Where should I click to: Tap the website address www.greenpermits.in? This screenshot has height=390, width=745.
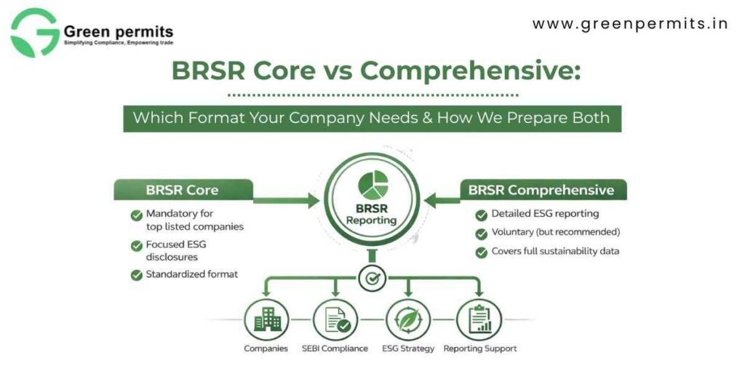(x=630, y=24)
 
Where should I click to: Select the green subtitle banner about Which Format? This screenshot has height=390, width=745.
(x=372, y=117)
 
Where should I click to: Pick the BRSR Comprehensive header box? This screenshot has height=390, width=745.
(x=543, y=191)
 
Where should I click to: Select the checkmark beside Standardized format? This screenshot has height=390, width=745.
(x=136, y=275)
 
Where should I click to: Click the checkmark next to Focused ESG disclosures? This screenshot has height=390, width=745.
(x=136, y=246)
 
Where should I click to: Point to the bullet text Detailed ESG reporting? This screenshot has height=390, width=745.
(x=545, y=214)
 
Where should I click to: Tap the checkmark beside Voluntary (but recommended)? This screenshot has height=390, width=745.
(x=481, y=234)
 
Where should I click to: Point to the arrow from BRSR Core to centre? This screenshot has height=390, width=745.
(x=287, y=197)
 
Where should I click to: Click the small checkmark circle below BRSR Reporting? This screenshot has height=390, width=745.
(x=372, y=276)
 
